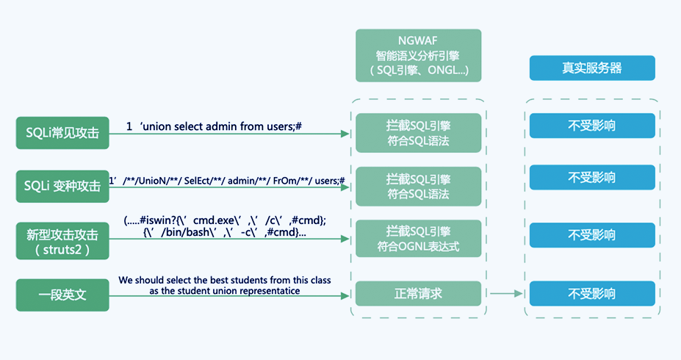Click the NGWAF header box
tap(418, 56)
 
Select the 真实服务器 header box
tap(591, 68)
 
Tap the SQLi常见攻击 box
tap(62, 132)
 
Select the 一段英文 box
tap(62, 295)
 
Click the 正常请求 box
tap(418, 294)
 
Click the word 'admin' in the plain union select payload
tap(219, 126)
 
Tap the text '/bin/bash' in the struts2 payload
tap(177, 232)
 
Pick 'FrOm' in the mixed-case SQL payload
tap(289, 181)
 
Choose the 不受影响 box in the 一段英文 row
tap(591, 294)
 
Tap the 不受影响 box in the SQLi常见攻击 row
tap(591, 126)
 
